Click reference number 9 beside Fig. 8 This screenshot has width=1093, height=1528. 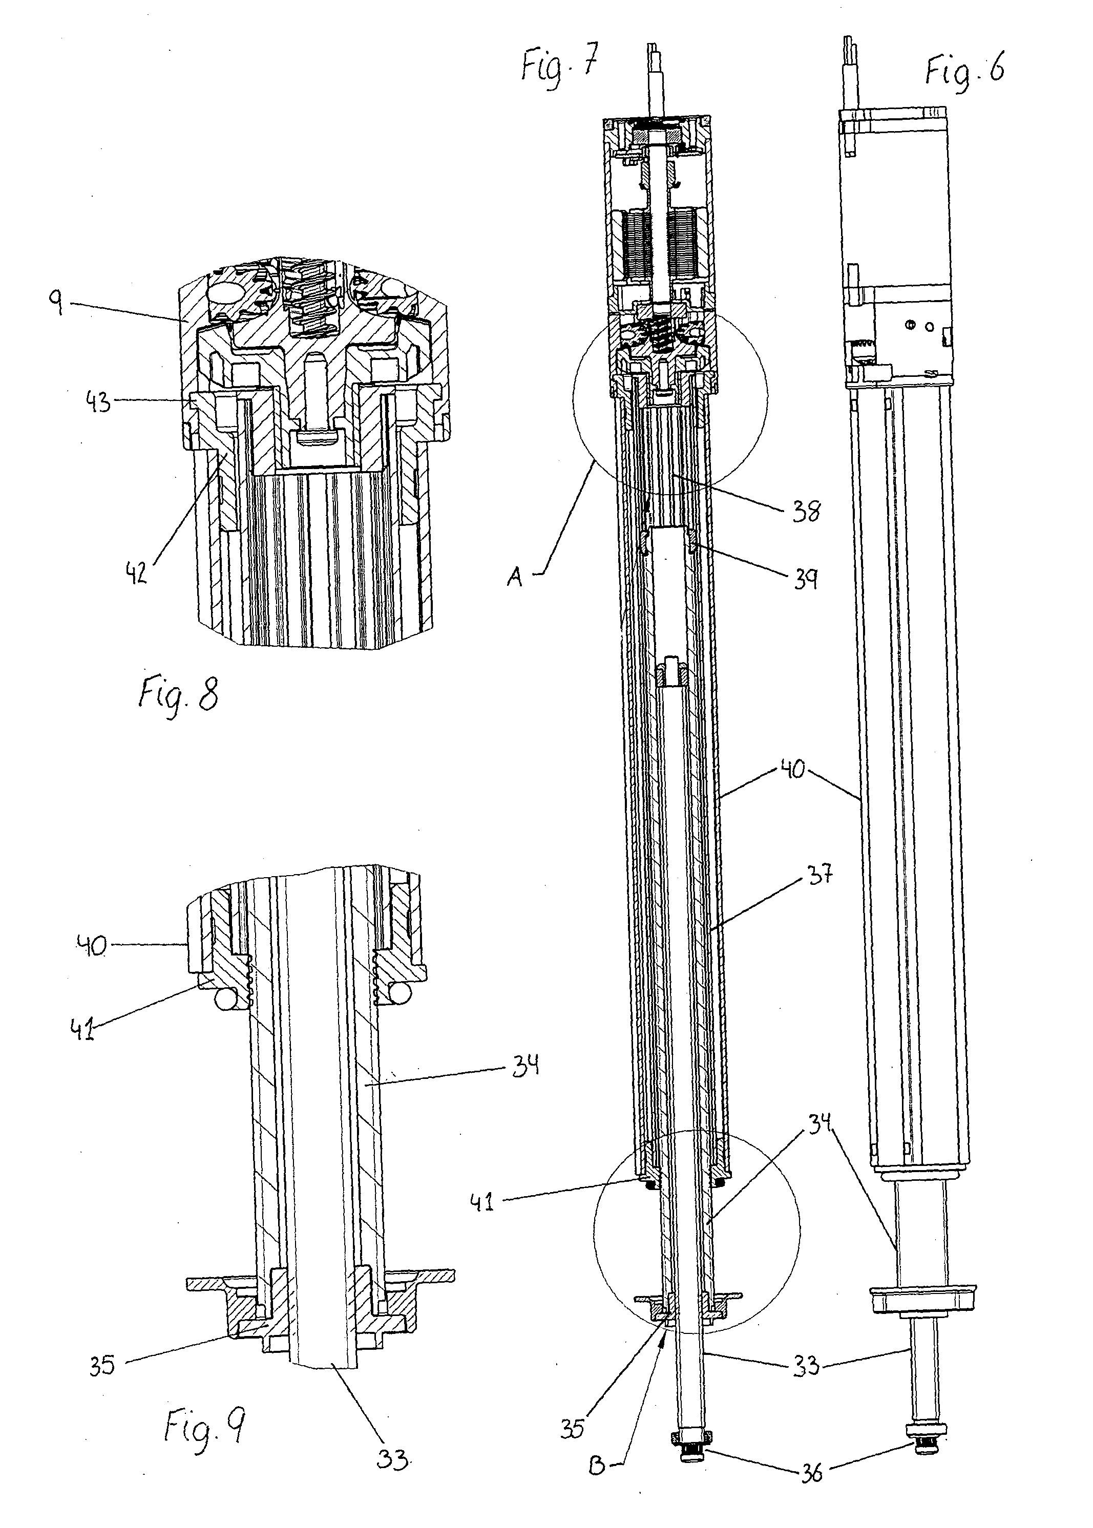(56, 304)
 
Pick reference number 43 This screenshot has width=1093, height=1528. (98, 402)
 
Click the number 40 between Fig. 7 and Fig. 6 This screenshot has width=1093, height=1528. (794, 768)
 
